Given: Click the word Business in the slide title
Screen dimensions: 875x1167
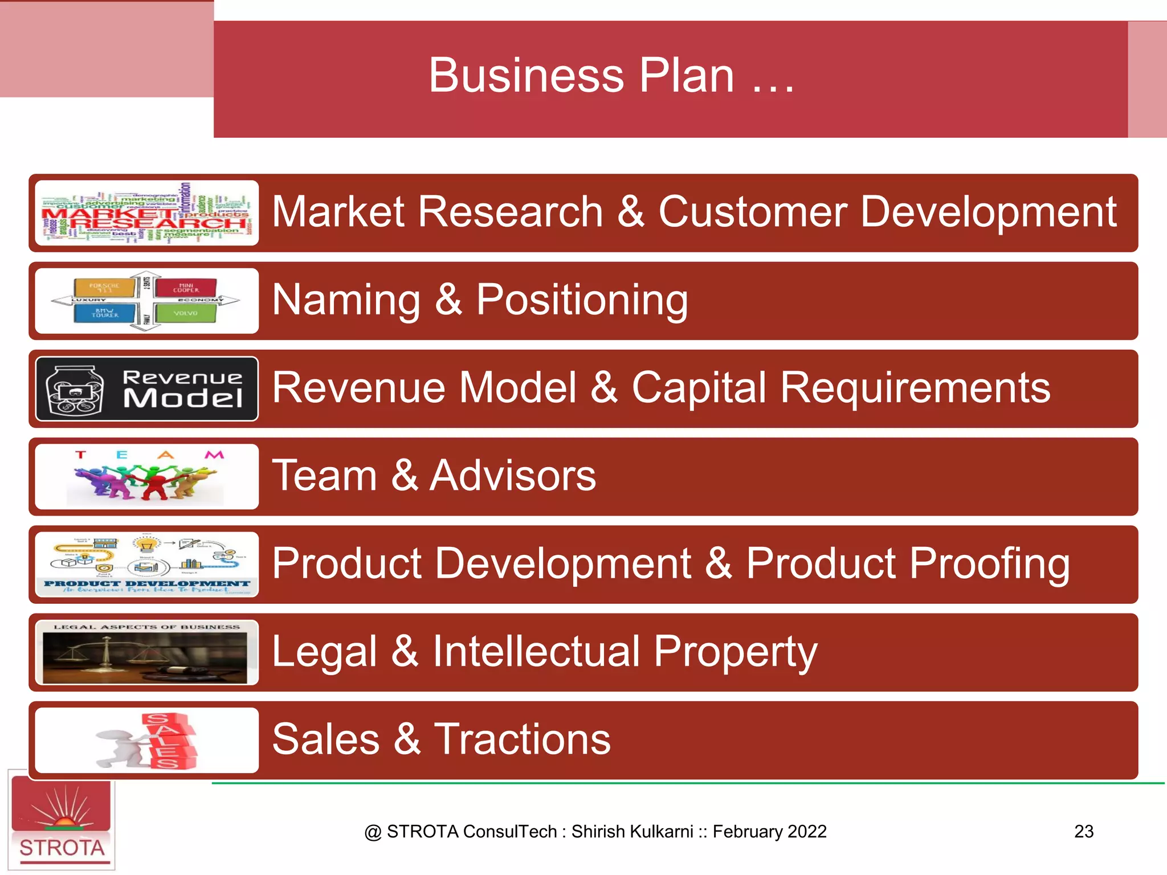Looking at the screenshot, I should coord(526,76).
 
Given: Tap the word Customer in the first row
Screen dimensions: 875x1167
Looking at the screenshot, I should coord(752,212).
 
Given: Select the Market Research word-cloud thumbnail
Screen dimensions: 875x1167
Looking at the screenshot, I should coord(146,213).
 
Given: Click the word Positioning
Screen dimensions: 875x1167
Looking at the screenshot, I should coord(582,300).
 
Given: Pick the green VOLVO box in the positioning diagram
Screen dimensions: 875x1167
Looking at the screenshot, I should coord(186,313).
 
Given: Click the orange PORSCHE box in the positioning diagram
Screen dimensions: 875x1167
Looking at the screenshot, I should coord(104,287).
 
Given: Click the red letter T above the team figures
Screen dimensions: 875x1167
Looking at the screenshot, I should coord(80,455).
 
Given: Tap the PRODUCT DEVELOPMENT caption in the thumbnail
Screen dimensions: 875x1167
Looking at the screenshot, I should coord(146,584).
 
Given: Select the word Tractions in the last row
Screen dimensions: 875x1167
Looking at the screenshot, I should coord(522,739).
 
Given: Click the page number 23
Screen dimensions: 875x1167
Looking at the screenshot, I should coord(1083,832).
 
